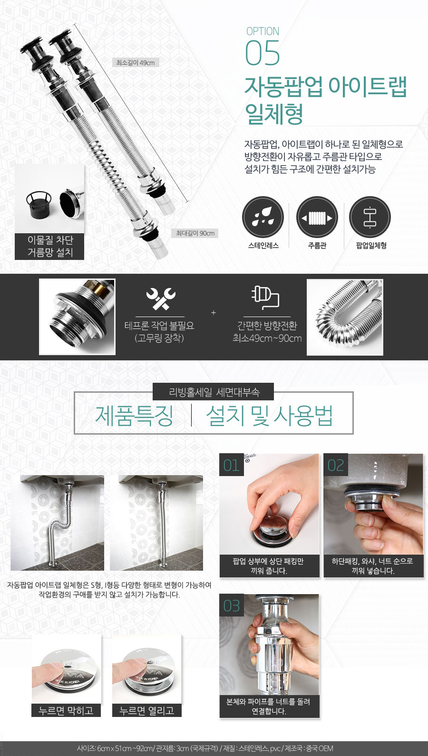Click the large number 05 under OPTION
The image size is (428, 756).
263,53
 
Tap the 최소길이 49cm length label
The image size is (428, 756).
136,62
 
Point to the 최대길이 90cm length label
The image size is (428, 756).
195,233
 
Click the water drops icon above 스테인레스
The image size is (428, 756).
263,217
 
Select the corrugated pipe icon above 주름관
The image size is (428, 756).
317,217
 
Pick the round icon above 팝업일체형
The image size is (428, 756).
370,217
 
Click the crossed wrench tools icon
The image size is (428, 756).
160,298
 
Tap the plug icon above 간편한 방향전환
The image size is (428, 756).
265,298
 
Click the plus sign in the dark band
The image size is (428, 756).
214,313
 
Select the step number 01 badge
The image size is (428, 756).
232,465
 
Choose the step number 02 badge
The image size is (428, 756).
336,465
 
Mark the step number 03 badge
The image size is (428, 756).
232,606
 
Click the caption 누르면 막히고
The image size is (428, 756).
66,710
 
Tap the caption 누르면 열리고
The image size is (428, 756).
147,710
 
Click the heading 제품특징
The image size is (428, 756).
134,415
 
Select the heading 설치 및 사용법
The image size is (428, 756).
269,415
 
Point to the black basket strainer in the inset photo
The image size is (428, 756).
39,205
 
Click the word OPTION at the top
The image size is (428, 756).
263,31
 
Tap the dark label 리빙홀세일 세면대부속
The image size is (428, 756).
214,392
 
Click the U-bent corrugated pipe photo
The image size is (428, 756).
345,317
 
